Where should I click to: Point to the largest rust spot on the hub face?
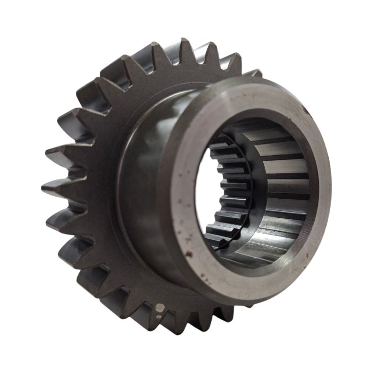coord(188,254)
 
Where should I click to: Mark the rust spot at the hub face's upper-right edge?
coord(305,111)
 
